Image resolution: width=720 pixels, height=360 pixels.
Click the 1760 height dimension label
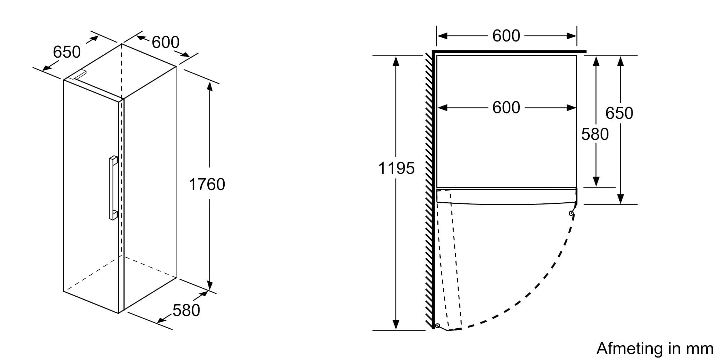click(207, 184)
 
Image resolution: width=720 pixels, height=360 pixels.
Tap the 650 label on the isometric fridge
click(67, 52)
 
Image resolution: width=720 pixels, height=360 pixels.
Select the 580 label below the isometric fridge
click(186, 310)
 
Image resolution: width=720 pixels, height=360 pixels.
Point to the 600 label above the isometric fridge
click(165, 42)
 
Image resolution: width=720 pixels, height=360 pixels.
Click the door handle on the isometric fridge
click(113, 188)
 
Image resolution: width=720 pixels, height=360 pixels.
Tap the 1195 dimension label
click(396, 168)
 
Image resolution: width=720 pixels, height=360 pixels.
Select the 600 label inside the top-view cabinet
click(506, 107)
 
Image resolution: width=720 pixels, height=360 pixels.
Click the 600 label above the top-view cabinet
click(506, 36)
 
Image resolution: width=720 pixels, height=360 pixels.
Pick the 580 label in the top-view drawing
click(595, 134)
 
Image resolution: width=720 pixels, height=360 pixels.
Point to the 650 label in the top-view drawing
click(619, 113)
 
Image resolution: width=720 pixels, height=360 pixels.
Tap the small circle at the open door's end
click(437, 326)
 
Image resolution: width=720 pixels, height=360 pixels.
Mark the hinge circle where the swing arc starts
click(571, 213)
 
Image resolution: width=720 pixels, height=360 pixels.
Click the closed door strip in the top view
click(507, 196)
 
